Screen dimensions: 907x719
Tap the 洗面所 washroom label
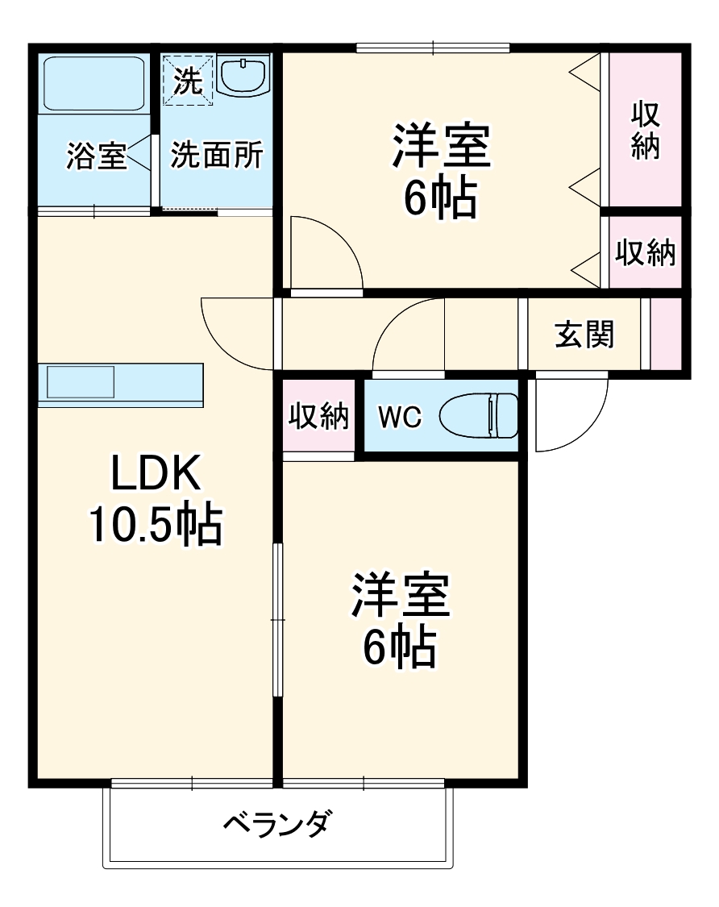[216, 155]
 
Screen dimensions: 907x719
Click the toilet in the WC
[480, 416]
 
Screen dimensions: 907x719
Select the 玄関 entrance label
[584, 334]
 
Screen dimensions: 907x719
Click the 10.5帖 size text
[155, 526]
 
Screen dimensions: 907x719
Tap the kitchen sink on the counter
[81, 381]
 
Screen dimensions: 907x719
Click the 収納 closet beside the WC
[318, 417]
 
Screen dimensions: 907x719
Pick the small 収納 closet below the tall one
[646, 253]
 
